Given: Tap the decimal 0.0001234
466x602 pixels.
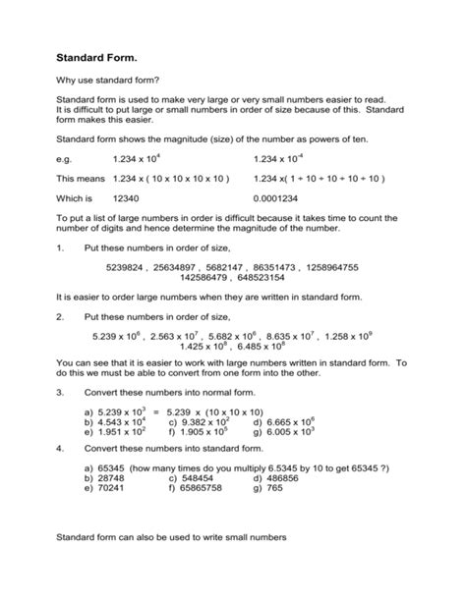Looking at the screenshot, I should point(283,197).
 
